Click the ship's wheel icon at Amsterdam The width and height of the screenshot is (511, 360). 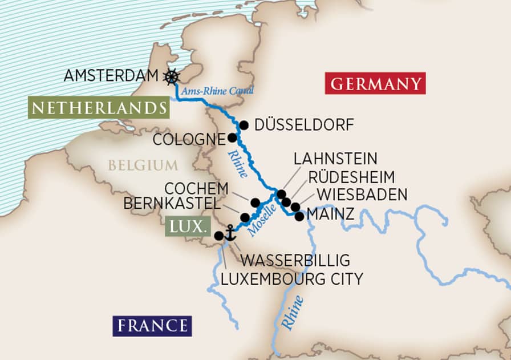coord(171,76)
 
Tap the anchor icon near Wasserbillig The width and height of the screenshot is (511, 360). coord(230,232)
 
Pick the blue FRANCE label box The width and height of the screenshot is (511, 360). coord(152,326)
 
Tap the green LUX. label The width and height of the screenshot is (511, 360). coord(186,227)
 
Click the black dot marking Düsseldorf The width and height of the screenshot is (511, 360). coord(244,125)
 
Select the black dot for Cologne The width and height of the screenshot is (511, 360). coord(232,137)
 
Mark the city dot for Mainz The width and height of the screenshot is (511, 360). coord(299,216)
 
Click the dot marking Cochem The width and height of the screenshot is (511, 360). coord(255,202)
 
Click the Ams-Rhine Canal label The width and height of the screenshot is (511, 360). coord(217,91)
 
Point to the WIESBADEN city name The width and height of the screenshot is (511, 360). coord(362,195)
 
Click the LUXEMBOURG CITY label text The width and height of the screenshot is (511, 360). coord(291,279)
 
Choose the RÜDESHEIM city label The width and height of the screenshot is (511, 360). coord(351,177)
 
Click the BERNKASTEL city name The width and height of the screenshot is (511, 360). coord(175,204)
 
